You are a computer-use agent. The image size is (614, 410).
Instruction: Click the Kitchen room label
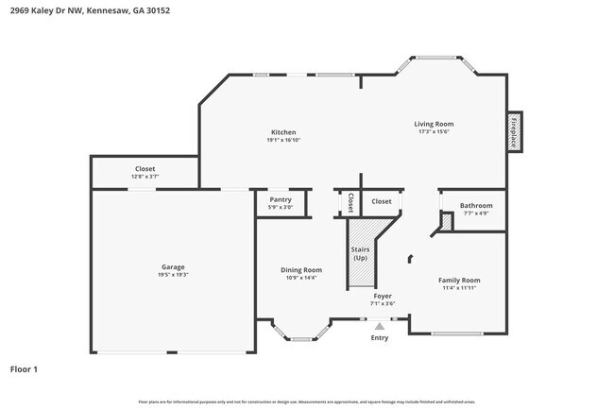(283, 132)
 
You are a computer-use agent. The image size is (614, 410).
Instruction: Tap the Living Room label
(434, 124)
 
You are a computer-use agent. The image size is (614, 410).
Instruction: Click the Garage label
(173, 266)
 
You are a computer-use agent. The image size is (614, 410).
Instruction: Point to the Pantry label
(281, 199)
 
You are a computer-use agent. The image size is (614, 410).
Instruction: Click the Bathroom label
(476, 205)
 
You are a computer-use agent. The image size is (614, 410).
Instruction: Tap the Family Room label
(459, 280)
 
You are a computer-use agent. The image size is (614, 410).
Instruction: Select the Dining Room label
(301, 270)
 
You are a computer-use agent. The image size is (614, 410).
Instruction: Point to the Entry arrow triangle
(380, 326)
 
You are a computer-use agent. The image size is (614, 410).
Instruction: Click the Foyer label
(383, 296)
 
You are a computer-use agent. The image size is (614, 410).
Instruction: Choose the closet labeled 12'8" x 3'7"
(145, 177)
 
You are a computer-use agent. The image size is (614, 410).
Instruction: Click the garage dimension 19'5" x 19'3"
(173, 275)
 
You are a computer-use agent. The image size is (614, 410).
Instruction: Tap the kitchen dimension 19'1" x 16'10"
(283, 141)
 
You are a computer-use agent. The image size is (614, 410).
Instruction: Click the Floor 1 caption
(24, 368)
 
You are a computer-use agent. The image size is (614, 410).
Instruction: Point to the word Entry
(380, 337)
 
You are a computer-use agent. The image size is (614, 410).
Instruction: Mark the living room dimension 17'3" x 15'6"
(434, 132)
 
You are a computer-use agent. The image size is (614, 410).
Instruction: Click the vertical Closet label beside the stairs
(350, 203)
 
